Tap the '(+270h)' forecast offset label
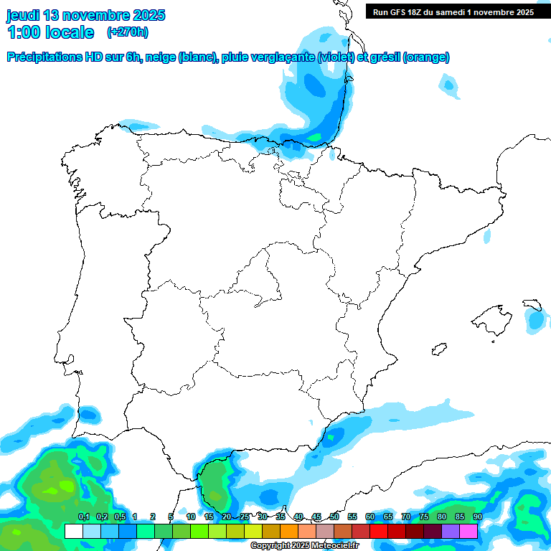(127, 32)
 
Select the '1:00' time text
(23, 32)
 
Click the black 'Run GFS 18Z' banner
(453, 12)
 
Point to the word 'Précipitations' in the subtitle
(42, 57)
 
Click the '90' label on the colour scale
(477, 517)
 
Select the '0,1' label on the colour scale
(83, 517)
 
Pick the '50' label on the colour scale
(334, 517)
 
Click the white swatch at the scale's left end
(73, 531)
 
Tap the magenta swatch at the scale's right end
(468, 531)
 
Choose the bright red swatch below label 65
(397, 531)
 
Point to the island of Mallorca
(493, 317)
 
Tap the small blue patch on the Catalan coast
(487, 235)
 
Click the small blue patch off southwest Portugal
(88, 414)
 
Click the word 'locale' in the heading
(69, 32)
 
